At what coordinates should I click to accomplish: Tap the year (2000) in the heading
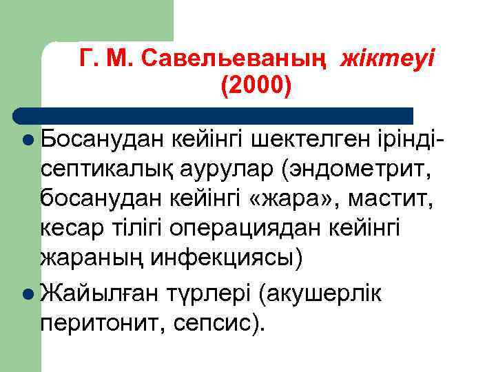[x=257, y=86]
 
